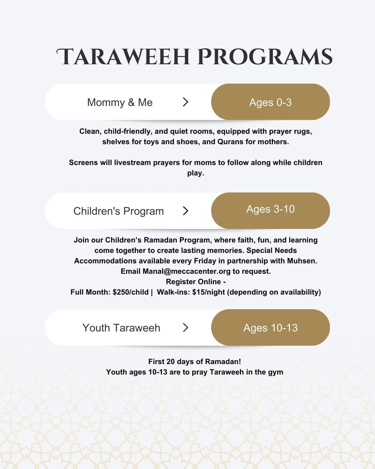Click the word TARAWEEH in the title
coord(123,57)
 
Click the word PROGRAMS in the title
coord(265,57)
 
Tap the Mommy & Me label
coord(120,102)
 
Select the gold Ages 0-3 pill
coord(270,102)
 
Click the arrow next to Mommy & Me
coord(186,102)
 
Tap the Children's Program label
coord(118,211)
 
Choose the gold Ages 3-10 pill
coord(270,210)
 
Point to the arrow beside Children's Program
coord(186,211)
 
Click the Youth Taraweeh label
coord(121,328)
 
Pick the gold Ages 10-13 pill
coord(270,328)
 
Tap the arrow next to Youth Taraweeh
coord(186,327)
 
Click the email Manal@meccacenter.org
coord(186,271)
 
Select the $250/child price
coord(131,292)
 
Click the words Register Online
coord(193,281)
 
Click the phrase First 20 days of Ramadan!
coord(194,361)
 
